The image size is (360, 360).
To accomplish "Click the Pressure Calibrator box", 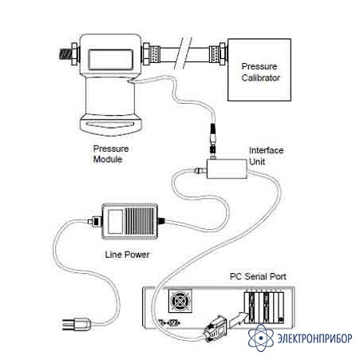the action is pyautogui.click(x=259, y=69).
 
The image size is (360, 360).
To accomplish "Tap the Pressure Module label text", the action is pyautogui.click(x=111, y=154).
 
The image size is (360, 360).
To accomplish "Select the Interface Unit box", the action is pyautogui.click(x=227, y=168).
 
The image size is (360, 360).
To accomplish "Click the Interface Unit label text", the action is pyautogui.click(x=266, y=156).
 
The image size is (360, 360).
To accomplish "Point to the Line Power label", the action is pyautogui.click(x=127, y=255).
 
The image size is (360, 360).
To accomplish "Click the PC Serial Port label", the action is pyautogui.click(x=258, y=276).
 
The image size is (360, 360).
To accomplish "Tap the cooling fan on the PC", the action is pyautogui.click(x=180, y=301).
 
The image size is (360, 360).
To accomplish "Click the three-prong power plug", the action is pyautogui.click(x=77, y=324).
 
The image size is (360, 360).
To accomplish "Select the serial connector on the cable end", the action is pyautogui.click(x=216, y=329).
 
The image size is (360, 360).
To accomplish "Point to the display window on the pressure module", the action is pyautogui.click(x=110, y=60).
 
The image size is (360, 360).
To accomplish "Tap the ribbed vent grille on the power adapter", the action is pyautogui.click(x=139, y=221).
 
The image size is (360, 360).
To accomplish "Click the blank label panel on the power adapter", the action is pyautogui.click(x=115, y=222).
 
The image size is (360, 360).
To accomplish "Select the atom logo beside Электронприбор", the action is pyautogui.click(x=261, y=338).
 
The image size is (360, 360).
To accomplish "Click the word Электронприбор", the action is pyautogui.click(x=315, y=338).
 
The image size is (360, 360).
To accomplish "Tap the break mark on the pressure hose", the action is pyautogui.click(x=183, y=53).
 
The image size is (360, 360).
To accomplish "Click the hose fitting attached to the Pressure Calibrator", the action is pyautogui.click(x=219, y=54).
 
